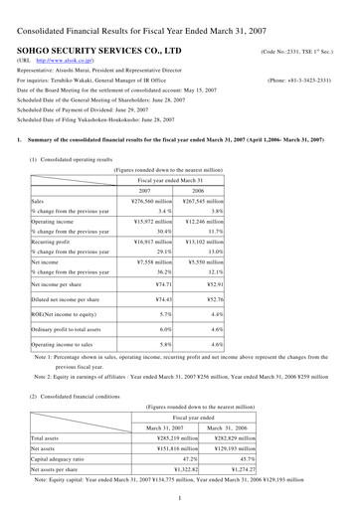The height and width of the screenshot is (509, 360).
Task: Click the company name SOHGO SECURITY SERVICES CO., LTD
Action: point(99,48)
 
